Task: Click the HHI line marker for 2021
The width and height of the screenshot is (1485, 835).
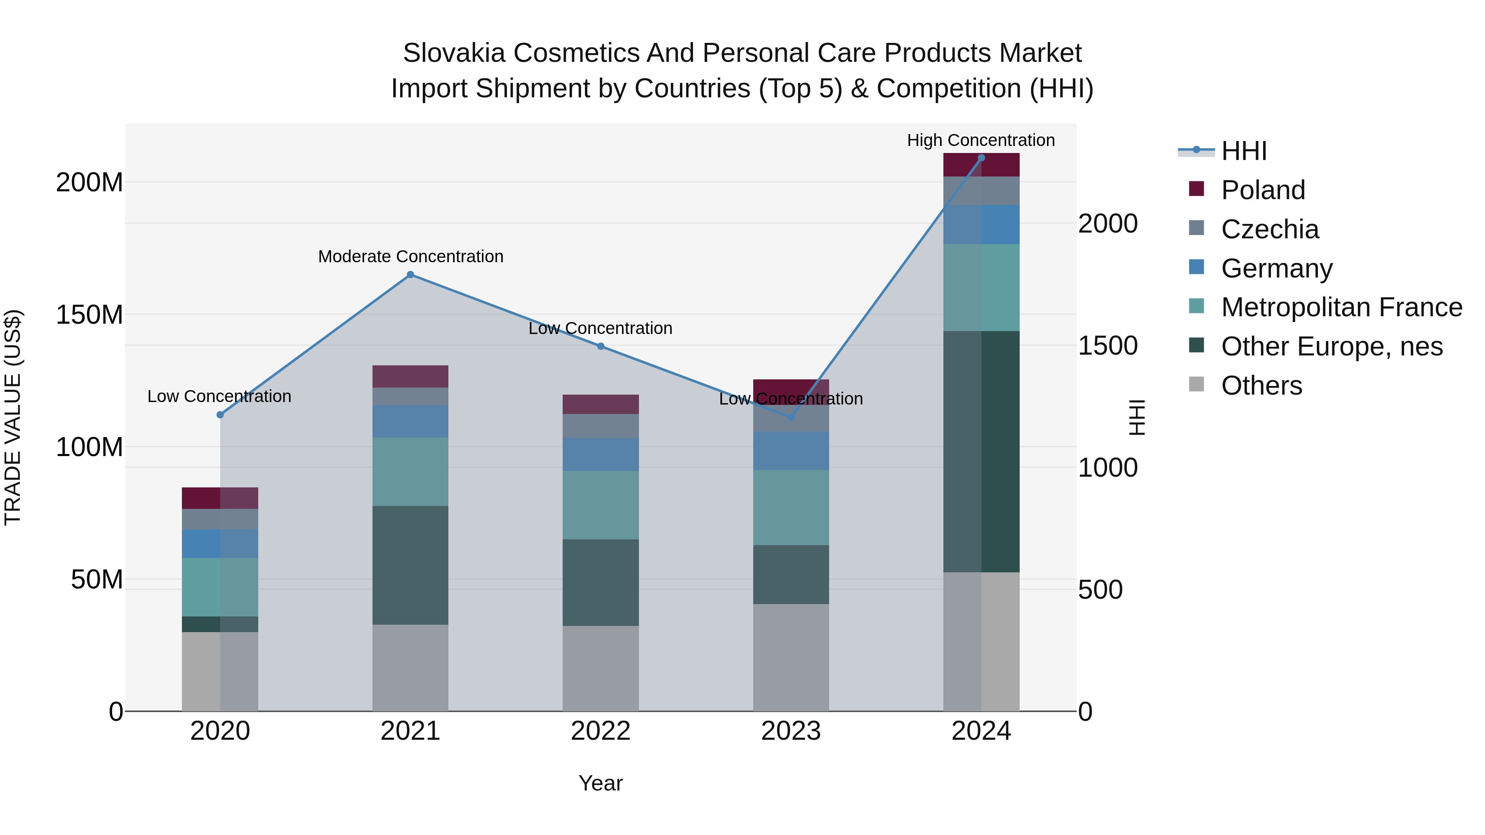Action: pos(410,275)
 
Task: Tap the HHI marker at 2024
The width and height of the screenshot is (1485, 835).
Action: pos(981,158)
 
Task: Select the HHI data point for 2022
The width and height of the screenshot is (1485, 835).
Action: pos(601,346)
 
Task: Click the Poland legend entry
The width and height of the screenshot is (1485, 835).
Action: pos(1263,190)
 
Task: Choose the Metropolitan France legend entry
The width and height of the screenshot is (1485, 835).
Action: pos(1341,307)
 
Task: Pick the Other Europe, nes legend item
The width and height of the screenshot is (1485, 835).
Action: pos(1331,346)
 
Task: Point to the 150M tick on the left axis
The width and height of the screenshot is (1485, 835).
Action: pos(90,315)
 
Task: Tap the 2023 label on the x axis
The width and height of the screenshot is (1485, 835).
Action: pos(791,731)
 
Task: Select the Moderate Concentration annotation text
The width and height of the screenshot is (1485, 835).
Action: pos(410,256)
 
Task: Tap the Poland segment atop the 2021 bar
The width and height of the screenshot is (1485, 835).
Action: pos(410,376)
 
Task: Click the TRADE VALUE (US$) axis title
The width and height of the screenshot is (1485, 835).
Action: pos(13,417)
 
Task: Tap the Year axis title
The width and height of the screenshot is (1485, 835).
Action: pos(601,783)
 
